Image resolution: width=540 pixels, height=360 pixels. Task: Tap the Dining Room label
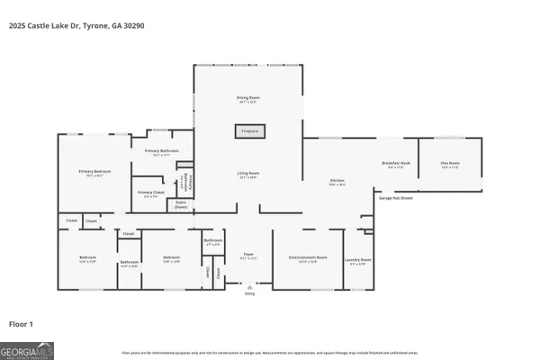249,99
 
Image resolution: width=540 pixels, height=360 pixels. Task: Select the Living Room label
249,175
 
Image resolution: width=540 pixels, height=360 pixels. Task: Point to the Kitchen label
337,183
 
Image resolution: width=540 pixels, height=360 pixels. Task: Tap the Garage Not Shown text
396,197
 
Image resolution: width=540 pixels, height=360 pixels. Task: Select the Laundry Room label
358,261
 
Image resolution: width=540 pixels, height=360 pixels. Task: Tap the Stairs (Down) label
181,204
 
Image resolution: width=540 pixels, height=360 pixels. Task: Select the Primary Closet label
150,193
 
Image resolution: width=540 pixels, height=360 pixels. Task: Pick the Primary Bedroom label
94,173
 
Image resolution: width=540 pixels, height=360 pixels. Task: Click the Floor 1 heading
22,322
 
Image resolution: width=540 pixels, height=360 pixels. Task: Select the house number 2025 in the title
17,25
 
